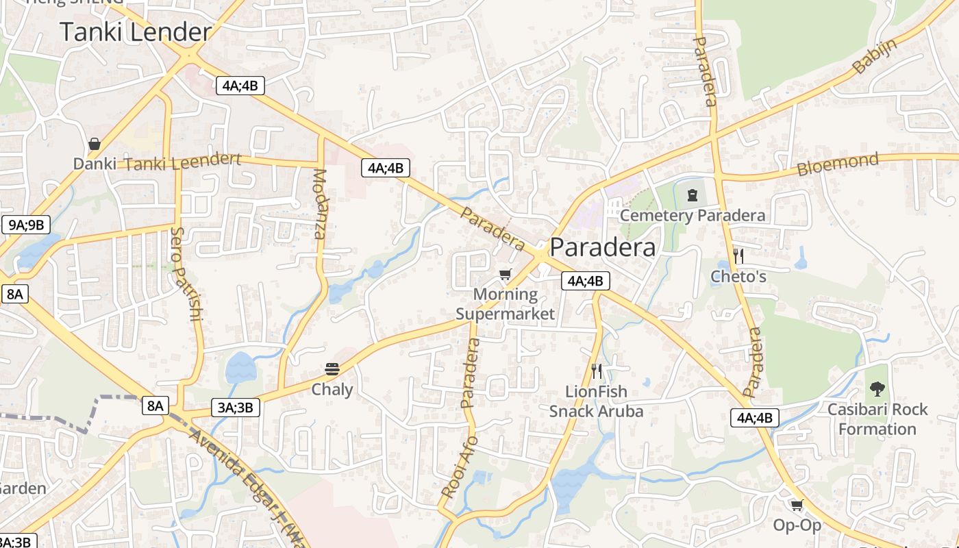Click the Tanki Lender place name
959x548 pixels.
[136, 32]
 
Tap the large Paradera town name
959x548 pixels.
[602, 247]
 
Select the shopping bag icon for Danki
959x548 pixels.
[95, 144]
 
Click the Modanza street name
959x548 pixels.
[320, 203]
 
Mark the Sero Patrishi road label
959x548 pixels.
[187, 274]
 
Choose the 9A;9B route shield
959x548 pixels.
[26, 224]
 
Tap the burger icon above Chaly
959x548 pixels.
[332, 369]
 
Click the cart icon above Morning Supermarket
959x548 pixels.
[506, 275]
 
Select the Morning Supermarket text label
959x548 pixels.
[506, 304]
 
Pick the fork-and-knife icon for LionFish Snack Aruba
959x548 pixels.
[597, 371]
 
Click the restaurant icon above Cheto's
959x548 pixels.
[738, 256]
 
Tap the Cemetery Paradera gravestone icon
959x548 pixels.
[693, 195]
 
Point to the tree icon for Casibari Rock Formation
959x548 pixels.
[877, 389]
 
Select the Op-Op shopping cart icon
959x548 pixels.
[797, 505]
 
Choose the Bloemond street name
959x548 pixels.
[837, 164]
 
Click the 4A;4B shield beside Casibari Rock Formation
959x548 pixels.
[754, 417]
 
